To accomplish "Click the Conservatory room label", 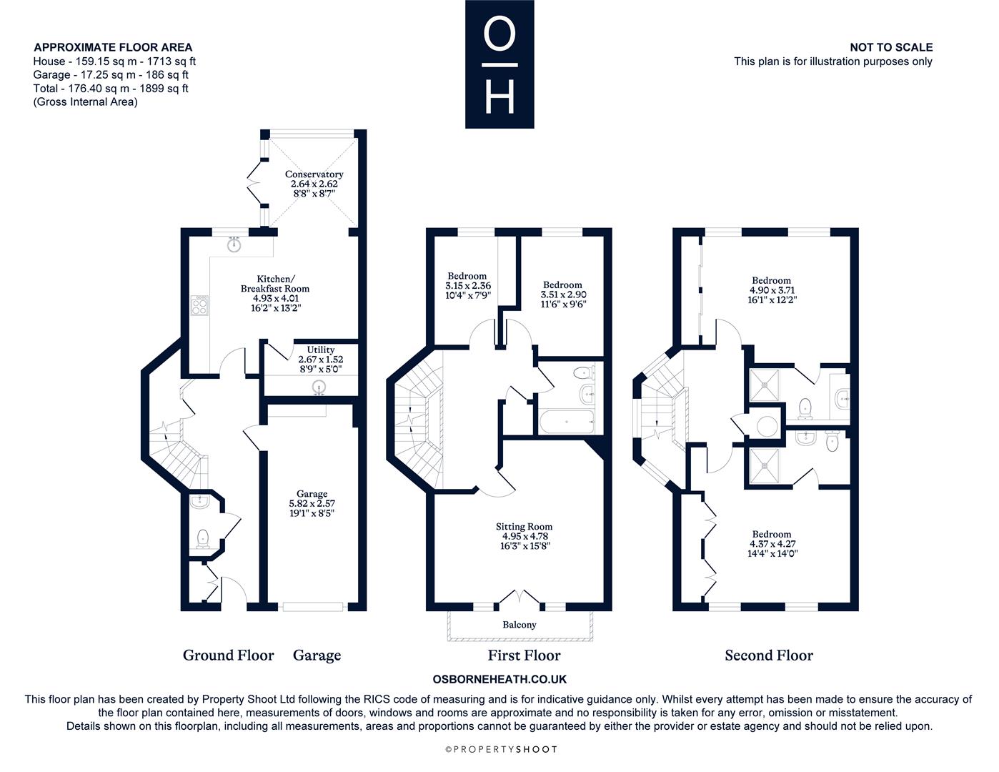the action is click(x=314, y=174).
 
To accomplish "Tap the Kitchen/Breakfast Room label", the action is click(x=275, y=284).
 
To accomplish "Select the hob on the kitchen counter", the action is click(x=199, y=305).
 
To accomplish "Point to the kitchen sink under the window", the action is click(x=234, y=244).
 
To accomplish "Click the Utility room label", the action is click(x=320, y=350).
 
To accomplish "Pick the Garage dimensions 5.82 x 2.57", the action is click(x=312, y=503).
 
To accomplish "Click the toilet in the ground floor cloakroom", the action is click(x=202, y=538).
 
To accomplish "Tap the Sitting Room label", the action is click(x=524, y=527).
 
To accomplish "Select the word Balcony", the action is click(x=520, y=625).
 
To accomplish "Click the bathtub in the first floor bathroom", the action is click(x=567, y=421).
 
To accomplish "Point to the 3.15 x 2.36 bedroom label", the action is click(x=467, y=285).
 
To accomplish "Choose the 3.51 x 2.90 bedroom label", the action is click(x=563, y=295).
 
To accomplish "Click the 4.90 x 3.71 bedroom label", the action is click(x=772, y=290).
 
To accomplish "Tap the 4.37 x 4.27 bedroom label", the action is click(x=772, y=543).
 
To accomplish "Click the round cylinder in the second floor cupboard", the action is click(x=767, y=426).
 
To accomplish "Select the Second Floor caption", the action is click(x=769, y=655).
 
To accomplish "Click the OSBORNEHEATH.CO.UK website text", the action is click(x=499, y=679).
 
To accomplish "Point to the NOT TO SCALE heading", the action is click(x=891, y=47).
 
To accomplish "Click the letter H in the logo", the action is click(x=499, y=96).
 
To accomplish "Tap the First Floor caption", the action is click(x=524, y=655).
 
